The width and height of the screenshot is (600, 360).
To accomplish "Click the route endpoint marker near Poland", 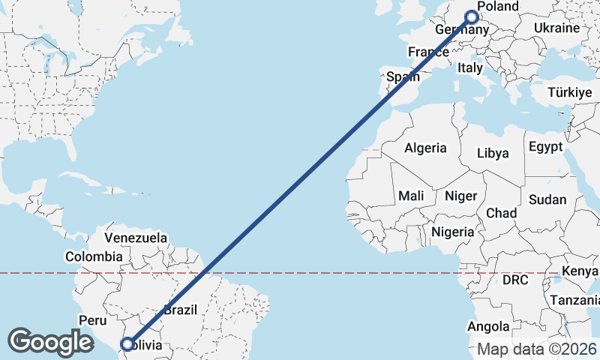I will (x=472, y=16).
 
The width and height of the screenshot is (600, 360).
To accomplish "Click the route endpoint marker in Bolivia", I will (x=127, y=344).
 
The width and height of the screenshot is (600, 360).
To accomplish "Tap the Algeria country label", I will (x=425, y=148).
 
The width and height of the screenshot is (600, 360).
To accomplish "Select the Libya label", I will (x=493, y=153).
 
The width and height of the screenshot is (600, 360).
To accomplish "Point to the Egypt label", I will (x=545, y=146).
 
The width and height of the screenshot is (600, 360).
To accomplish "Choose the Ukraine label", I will (x=556, y=28).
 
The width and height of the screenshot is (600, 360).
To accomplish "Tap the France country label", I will (x=427, y=52).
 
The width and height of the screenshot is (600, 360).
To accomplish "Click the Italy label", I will (x=470, y=67).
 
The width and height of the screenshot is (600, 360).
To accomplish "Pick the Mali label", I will (x=411, y=195).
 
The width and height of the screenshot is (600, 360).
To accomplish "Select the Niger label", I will (x=460, y=195).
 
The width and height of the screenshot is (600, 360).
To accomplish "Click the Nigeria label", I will (x=452, y=232).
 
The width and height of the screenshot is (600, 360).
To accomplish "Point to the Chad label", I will (x=501, y=213).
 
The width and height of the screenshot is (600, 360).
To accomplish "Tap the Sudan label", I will (x=547, y=199).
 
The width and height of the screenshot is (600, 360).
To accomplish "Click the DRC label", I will (x=515, y=280).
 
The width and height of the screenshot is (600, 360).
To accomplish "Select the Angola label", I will (x=488, y=327).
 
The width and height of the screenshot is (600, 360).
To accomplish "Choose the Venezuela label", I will (x=136, y=238).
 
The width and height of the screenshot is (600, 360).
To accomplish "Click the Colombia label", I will (x=93, y=256).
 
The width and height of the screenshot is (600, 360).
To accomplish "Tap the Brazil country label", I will (x=180, y=309).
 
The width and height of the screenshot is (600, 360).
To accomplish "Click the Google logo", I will (x=50, y=342).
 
